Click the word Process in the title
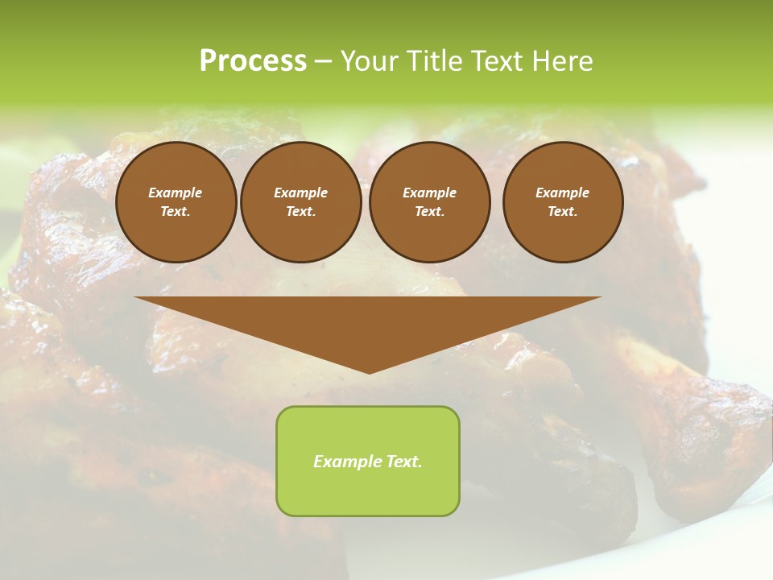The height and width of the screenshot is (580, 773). [x=253, y=61]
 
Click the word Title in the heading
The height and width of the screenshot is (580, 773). [x=436, y=61]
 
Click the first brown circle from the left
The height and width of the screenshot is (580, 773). [x=176, y=202]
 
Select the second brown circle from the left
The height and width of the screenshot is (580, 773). [x=300, y=202]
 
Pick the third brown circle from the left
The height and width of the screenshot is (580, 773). [x=429, y=202]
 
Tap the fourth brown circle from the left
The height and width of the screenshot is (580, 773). [x=562, y=202]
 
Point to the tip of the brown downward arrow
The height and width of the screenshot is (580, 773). [x=369, y=371]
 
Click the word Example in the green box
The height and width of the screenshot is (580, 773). [x=345, y=462]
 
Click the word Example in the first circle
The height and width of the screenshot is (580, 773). [x=176, y=193]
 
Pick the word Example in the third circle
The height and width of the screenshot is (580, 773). [x=429, y=193]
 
